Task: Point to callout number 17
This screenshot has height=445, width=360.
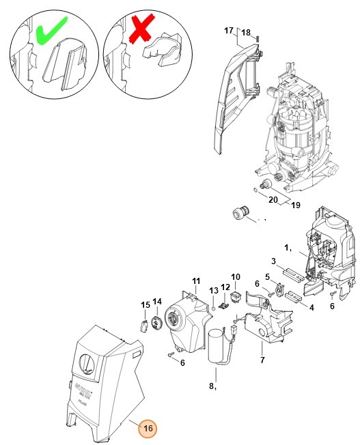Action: coord(230,31)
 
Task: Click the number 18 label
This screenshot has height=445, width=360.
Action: coord(247,33)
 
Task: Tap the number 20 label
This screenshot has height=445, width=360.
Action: coord(273,199)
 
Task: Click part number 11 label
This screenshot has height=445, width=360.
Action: coord(196,281)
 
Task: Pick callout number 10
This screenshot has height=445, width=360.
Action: coord(236,277)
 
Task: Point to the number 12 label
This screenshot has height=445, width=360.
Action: coord(225,287)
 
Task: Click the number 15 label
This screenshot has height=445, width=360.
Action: coord(145,304)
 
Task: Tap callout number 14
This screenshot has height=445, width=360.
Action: coord(156,302)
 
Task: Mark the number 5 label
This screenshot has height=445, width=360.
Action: coord(268,276)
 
